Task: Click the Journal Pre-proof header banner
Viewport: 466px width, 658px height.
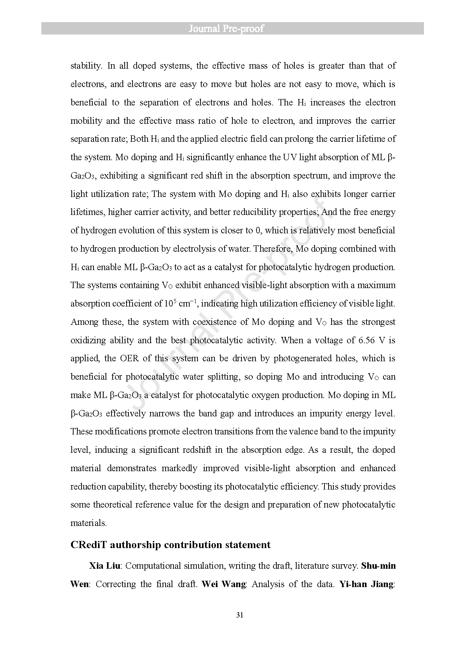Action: click(232, 29)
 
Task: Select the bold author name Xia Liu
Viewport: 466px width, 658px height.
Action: click(105, 566)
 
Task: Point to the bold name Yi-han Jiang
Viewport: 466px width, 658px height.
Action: click(366, 584)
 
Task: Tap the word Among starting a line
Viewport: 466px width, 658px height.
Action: click(83, 322)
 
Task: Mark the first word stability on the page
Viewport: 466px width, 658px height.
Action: click(86, 66)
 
